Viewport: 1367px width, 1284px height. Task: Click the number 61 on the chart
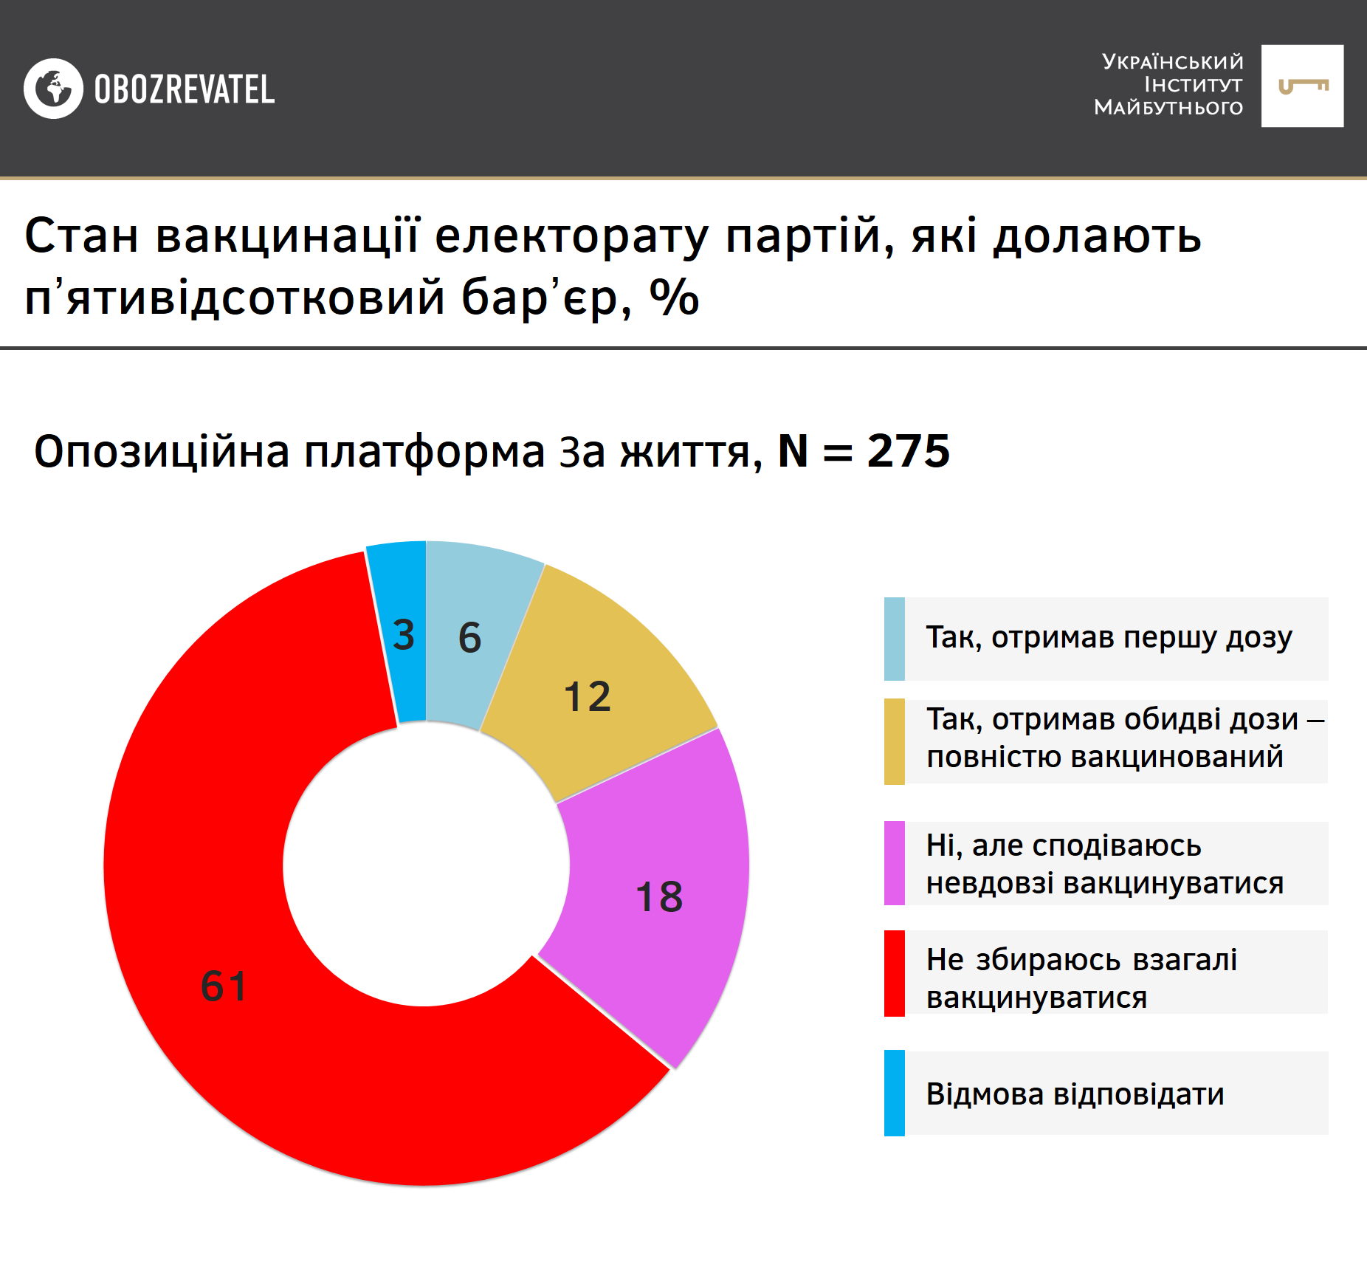[224, 986]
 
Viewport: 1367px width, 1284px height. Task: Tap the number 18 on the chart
[659, 897]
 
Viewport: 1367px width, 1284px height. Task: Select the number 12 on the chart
[588, 697]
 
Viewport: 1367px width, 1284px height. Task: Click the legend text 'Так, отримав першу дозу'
[1109, 637]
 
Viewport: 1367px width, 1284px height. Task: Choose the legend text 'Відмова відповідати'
[1075, 1094]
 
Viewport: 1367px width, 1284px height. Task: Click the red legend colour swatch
[894, 973]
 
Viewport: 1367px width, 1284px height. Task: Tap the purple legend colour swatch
[894, 863]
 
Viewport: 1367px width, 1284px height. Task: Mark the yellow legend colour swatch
[894, 741]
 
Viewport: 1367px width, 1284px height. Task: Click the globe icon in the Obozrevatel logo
[53, 89]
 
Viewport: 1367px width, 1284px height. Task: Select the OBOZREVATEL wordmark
[185, 89]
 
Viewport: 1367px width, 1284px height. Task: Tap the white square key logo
[1302, 86]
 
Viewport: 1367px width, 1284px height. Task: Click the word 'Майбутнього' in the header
[1168, 108]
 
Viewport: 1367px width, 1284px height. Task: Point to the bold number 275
[908, 451]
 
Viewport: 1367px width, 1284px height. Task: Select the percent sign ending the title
[674, 298]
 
